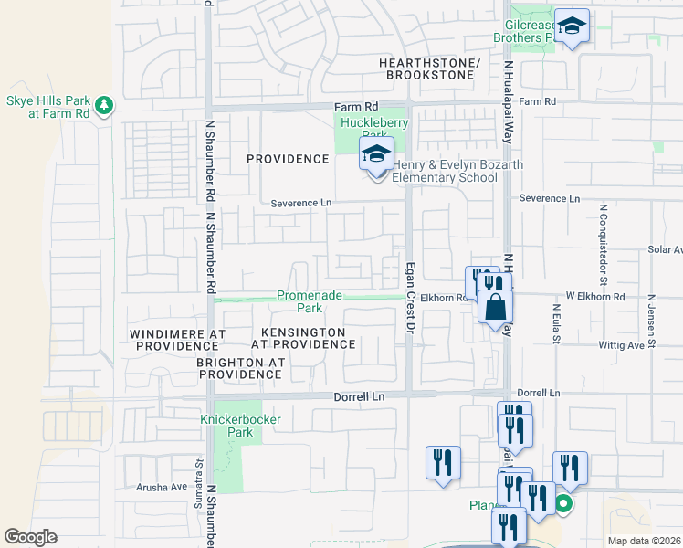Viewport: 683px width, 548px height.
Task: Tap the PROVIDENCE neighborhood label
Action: tap(288, 159)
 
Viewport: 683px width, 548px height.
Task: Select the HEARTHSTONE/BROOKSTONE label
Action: tap(429, 68)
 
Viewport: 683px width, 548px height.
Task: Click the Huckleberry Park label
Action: tap(373, 130)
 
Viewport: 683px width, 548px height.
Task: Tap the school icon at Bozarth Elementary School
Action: tap(375, 155)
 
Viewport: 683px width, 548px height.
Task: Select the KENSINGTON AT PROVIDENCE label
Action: tap(303, 338)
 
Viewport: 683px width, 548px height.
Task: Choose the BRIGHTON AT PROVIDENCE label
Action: tap(241, 368)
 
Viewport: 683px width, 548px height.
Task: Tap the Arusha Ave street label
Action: tap(162, 487)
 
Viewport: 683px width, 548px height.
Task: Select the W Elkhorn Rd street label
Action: tap(595, 296)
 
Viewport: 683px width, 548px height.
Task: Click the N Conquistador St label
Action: tap(604, 232)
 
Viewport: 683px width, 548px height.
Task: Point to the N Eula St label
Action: tap(555, 325)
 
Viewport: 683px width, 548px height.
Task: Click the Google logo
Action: tap(30, 537)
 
